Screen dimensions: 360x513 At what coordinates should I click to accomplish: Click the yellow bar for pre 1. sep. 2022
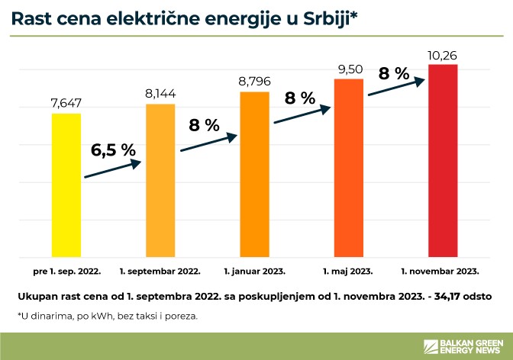click(66, 185)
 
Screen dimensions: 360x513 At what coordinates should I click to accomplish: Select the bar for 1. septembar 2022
click(160, 180)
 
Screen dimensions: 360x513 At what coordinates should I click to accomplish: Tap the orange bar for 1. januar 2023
click(254, 175)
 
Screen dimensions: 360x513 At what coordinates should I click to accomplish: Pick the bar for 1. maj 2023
click(349, 168)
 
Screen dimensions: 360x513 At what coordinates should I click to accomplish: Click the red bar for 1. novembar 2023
click(443, 161)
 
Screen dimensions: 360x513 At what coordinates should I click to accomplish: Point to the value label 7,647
click(66, 103)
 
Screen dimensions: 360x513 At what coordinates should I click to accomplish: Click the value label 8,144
click(160, 94)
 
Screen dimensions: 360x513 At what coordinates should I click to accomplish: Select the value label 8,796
click(254, 81)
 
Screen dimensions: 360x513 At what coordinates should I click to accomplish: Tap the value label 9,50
click(349, 69)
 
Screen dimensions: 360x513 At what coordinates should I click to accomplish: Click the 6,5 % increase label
click(112, 149)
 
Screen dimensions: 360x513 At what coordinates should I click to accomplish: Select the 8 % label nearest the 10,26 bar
click(394, 73)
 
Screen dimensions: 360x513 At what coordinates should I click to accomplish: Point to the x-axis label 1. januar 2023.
click(254, 271)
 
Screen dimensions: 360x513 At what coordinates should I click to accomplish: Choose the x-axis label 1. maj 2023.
click(348, 271)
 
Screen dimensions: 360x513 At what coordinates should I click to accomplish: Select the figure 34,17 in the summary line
click(447, 294)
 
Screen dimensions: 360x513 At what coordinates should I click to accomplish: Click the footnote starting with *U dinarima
click(107, 315)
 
